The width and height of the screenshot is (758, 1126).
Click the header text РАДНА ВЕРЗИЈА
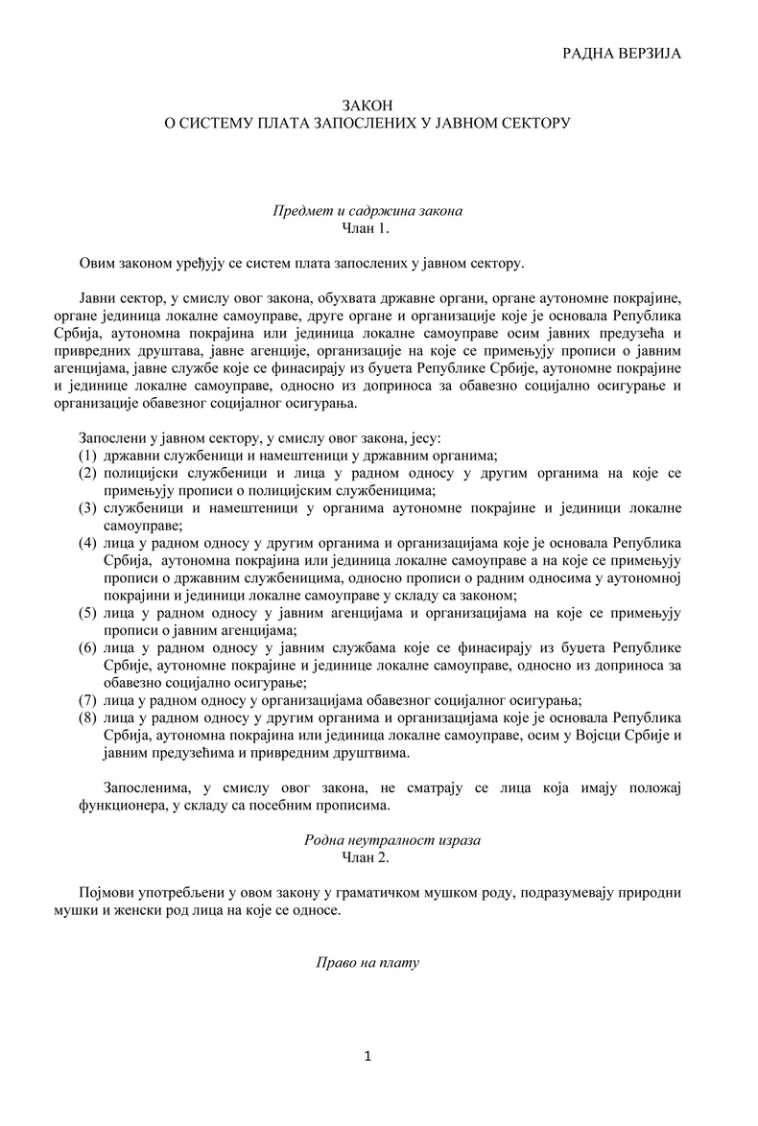[621, 54]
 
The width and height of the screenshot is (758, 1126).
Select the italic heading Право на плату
[368, 962]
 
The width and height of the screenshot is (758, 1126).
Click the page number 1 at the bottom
[368, 1057]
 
